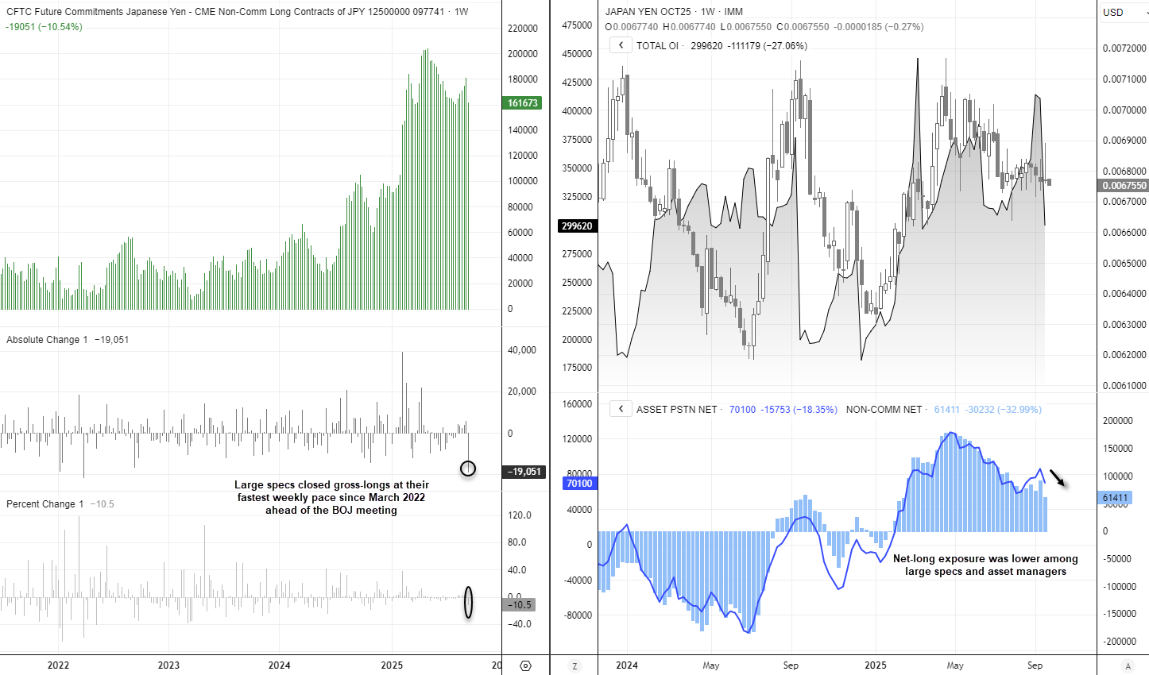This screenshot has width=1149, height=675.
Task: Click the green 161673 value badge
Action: (x=523, y=103)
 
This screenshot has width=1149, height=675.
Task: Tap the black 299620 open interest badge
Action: (x=577, y=226)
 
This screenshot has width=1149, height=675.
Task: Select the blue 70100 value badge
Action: (x=579, y=484)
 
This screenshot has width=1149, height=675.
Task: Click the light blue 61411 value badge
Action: (x=1115, y=498)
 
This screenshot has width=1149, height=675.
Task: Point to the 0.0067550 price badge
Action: (x=1124, y=186)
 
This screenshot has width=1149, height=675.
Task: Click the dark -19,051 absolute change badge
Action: (x=524, y=472)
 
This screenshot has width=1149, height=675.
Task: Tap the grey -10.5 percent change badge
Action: (x=520, y=605)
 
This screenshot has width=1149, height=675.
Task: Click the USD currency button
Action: (x=1113, y=12)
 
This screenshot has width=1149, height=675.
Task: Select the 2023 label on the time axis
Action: (x=168, y=665)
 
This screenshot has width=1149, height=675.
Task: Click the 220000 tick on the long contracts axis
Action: (x=523, y=29)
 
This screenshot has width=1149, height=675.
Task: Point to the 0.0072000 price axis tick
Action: (x=1124, y=48)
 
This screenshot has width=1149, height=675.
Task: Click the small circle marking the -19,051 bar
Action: (x=468, y=469)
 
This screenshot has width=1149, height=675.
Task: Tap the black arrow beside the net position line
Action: (x=1057, y=477)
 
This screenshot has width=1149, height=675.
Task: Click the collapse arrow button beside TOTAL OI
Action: (x=621, y=45)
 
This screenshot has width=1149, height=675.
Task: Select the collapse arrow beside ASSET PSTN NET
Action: (x=621, y=409)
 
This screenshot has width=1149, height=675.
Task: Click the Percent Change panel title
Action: (x=44, y=504)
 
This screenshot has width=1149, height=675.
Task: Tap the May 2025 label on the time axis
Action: (x=955, y=665)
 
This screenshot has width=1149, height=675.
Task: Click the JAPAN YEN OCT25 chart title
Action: (x=648, y=12)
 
